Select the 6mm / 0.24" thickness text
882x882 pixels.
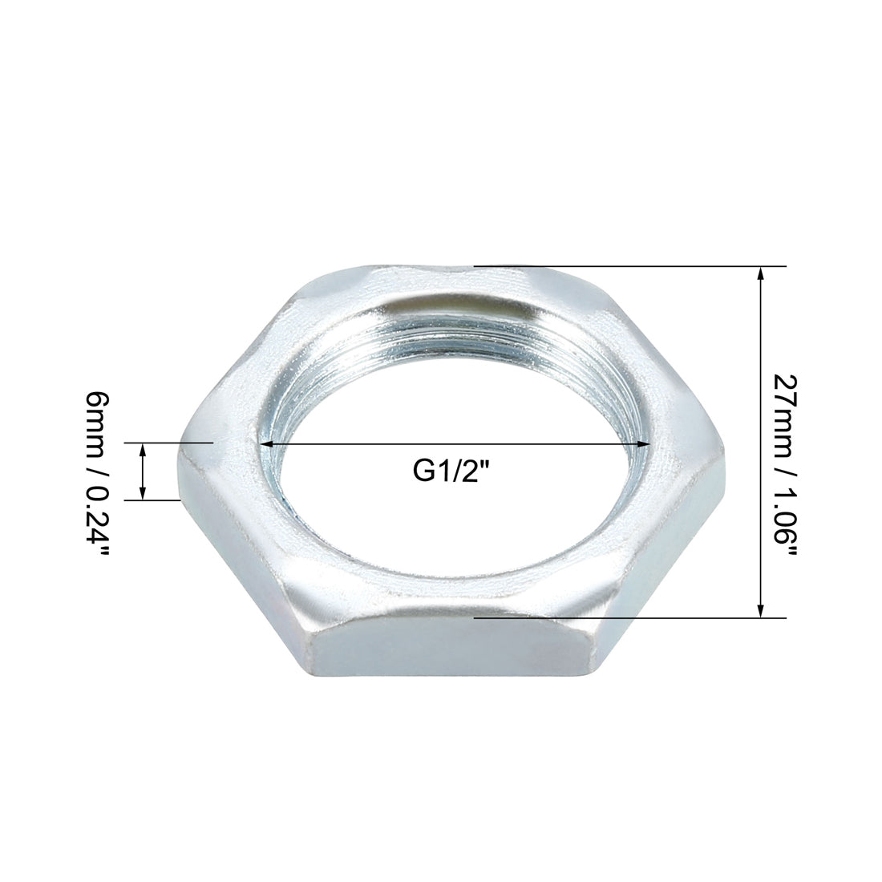pyautogui.click(x=97, y=475)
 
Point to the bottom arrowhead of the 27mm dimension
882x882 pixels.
pyautogui.click(x=761, y=610)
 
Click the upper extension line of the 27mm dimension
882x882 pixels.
pyautogui.click(x=630, y=266)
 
